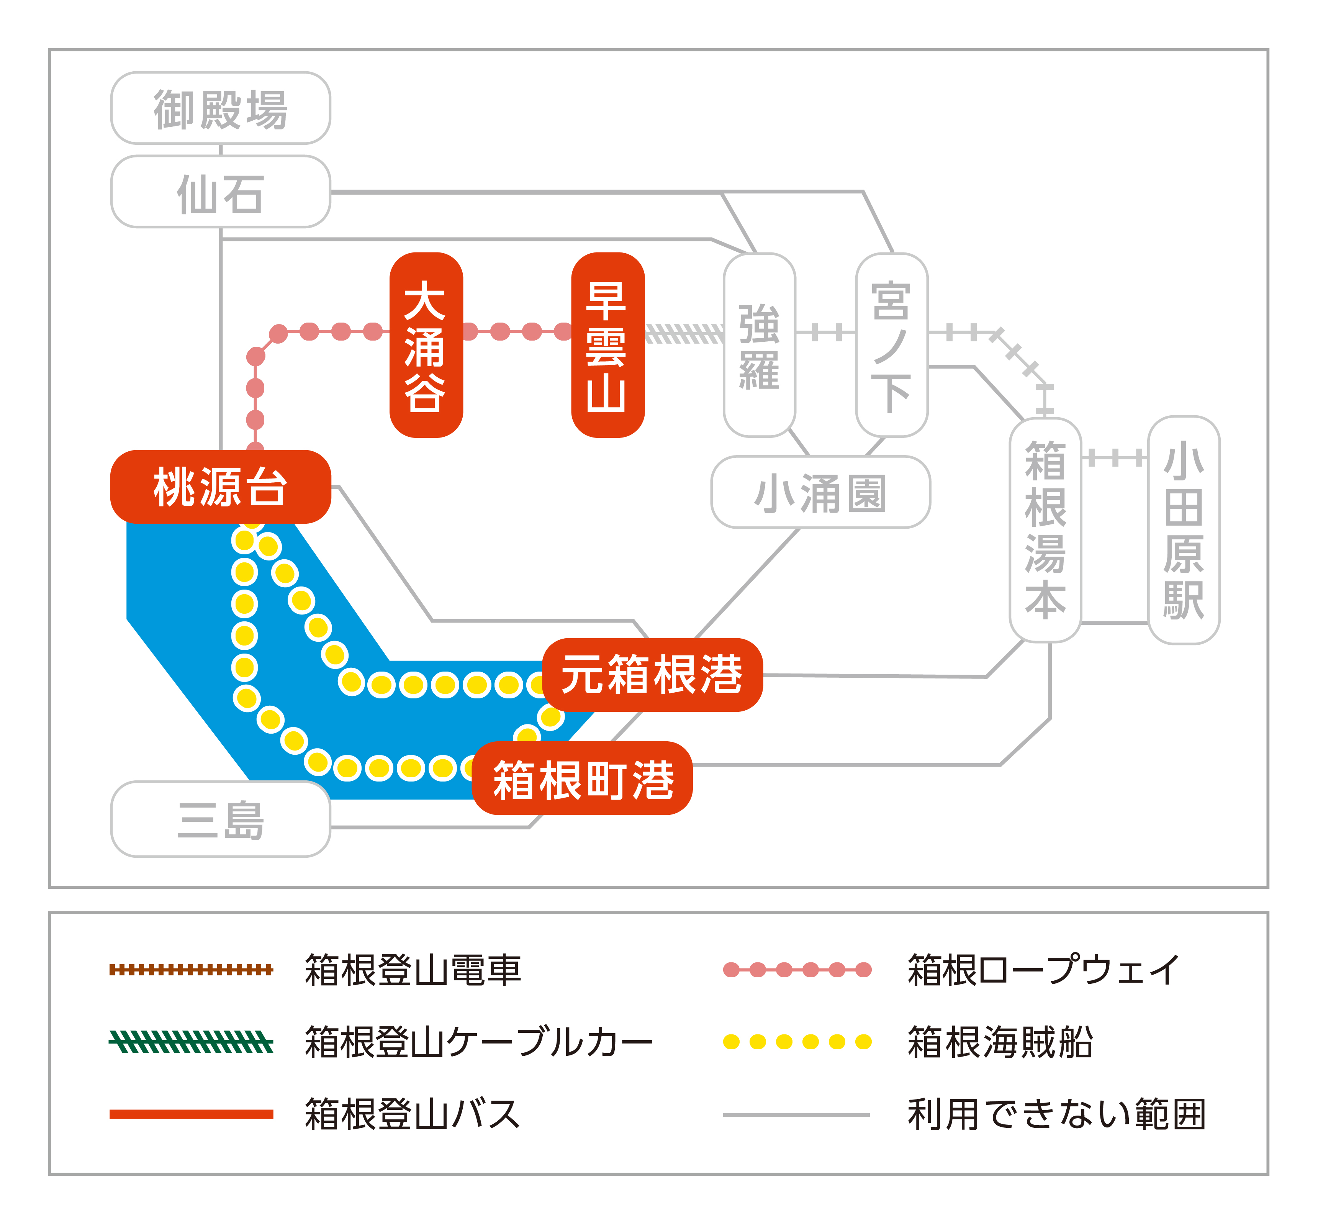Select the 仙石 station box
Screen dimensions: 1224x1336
point(221,192)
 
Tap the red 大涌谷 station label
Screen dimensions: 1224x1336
point(426,345)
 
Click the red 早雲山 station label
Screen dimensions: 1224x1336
point(608,345)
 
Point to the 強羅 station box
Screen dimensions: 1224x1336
point(760,345)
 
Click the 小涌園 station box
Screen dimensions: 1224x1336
point(820,492)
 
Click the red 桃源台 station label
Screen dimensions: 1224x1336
point(221,487)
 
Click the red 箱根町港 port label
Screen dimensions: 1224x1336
point(583,779)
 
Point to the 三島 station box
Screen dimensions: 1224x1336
point(221,820)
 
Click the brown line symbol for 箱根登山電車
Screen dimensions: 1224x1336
point(191,970)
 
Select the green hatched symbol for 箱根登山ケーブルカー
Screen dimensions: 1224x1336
point(191,1042)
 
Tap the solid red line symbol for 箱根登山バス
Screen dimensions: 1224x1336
point(191,1114)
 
